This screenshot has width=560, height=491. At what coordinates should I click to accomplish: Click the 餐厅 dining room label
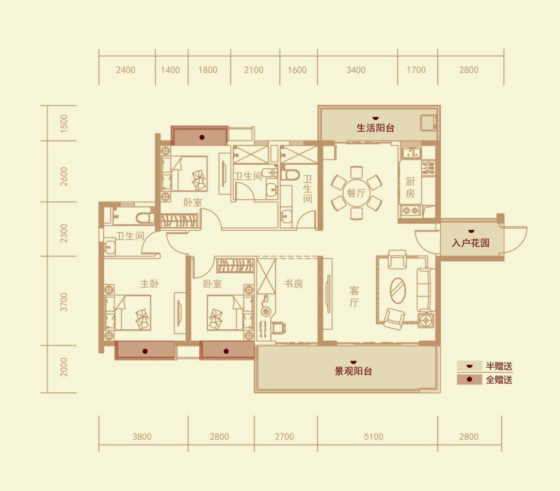[356, 193]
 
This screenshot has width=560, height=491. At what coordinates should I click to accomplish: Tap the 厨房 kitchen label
[410, 187]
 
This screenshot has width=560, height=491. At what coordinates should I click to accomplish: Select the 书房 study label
[294, 284]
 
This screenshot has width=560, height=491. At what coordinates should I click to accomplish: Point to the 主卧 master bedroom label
[149, 284]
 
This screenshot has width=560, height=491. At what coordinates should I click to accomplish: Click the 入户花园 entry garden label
[470, 243]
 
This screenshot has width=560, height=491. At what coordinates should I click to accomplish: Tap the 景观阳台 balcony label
[353, 371]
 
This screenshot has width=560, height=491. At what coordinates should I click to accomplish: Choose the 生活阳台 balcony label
[375, 128]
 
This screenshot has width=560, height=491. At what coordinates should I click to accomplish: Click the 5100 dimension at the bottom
[374, 437]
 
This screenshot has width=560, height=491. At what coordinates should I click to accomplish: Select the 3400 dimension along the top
[356, 70]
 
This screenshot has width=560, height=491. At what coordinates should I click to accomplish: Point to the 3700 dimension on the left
[64, 302]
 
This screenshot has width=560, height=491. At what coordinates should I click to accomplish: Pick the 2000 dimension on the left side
[64, 367]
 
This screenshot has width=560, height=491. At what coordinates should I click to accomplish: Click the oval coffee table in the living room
[397, 291]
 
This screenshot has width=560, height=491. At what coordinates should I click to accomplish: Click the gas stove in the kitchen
[411, 210]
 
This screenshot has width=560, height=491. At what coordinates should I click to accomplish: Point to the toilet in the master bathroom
[145, 218]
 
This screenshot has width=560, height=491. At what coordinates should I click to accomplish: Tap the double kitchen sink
[411, 153]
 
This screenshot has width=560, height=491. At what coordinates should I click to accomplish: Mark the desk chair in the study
[279, 328]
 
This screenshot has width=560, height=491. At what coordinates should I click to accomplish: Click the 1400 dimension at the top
[170, 70]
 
